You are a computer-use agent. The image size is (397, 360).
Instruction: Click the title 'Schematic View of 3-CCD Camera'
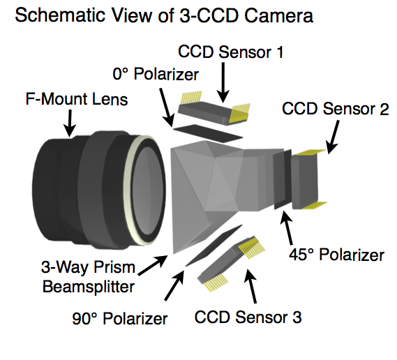(164, 15)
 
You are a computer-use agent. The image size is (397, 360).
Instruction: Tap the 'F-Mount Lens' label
(77, 99)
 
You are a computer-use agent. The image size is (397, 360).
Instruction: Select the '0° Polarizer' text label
(156, 74)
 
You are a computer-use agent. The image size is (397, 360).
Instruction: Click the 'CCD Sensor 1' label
(231, 52)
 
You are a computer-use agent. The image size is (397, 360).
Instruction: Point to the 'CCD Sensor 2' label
(335, 109)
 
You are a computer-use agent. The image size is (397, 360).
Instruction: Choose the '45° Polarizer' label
(336, 255)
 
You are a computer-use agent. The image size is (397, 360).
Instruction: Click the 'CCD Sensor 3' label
(248, 317)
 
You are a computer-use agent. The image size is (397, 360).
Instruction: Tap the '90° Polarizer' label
(120, 318)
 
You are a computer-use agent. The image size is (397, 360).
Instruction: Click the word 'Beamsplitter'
(89, 287)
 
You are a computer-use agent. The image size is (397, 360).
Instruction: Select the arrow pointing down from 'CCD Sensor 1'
(223, 82)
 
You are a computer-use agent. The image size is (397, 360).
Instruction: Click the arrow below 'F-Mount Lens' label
(69, 123)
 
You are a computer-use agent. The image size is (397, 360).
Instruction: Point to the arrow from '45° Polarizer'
(287, 227)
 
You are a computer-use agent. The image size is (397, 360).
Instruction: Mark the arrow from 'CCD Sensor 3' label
(250, 286)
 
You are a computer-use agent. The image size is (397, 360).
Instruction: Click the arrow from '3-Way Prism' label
(153, 265)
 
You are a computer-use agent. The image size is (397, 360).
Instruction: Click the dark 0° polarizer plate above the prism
(208, 133)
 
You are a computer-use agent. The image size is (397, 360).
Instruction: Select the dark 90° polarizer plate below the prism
(214, 246)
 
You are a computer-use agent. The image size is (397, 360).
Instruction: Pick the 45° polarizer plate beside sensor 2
(283, 179)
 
